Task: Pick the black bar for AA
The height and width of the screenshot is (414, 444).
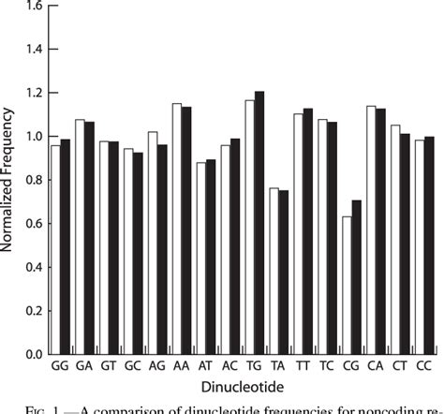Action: (185, 230)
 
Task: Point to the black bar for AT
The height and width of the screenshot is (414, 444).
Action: (210, 257)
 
